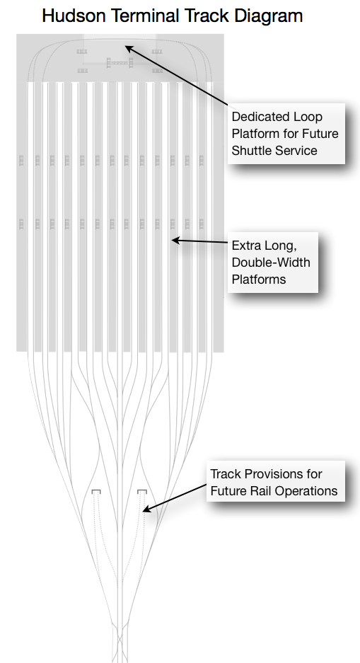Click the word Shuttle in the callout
[x=252, y=151]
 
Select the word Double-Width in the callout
[x=271, y=262]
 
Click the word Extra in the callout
[x=245, y=246]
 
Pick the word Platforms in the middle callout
[x=259, y=279]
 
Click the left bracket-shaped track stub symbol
[x=96, y=491]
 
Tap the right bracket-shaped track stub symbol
[x=142, y=491]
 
